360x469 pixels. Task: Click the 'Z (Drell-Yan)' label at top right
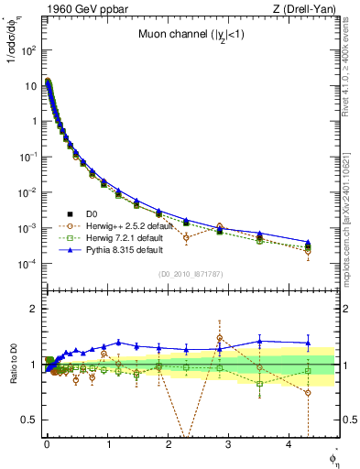tap(310, 9)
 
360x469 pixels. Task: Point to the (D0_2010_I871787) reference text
tap(191, 274)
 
